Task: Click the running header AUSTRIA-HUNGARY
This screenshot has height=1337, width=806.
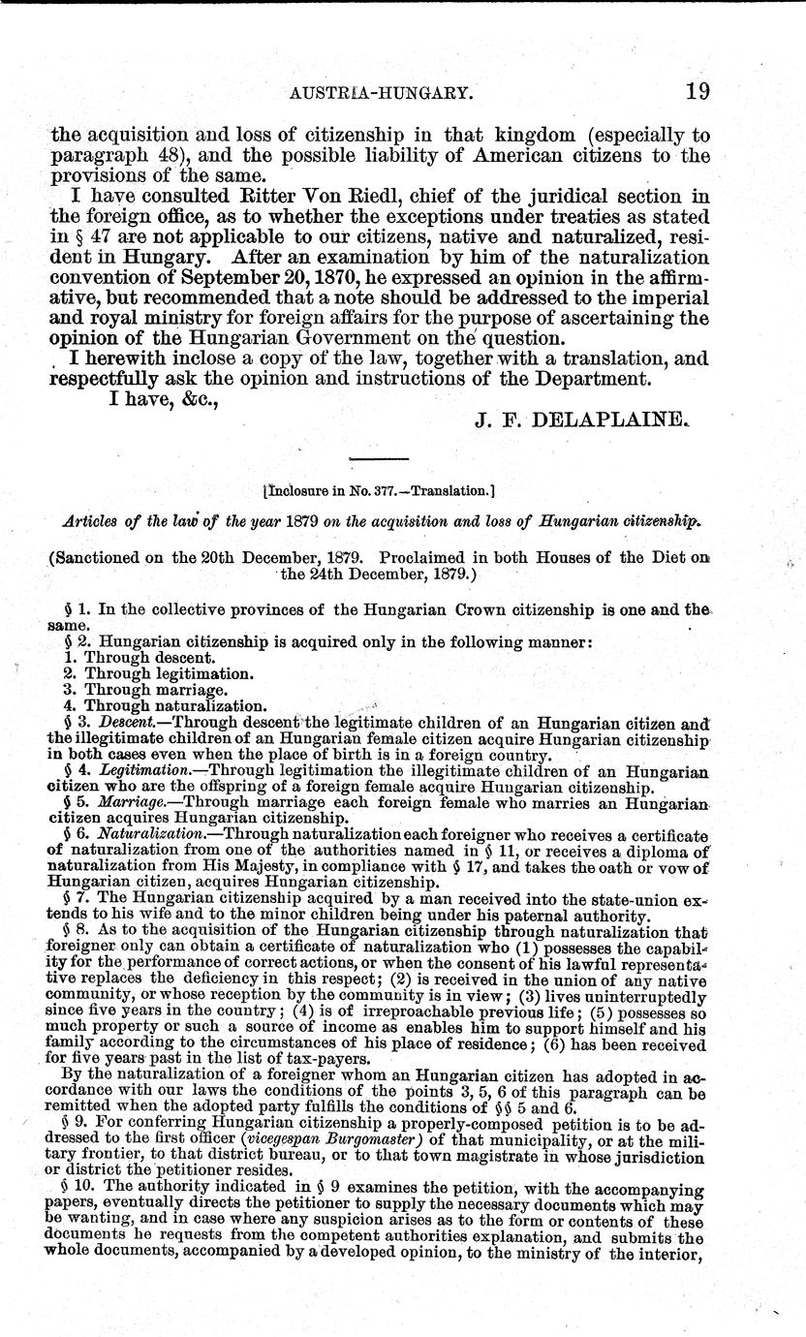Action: click(388, 94)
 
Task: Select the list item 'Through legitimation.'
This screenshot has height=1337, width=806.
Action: click(158, 672)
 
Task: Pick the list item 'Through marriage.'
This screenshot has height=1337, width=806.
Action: click(145, 689)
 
